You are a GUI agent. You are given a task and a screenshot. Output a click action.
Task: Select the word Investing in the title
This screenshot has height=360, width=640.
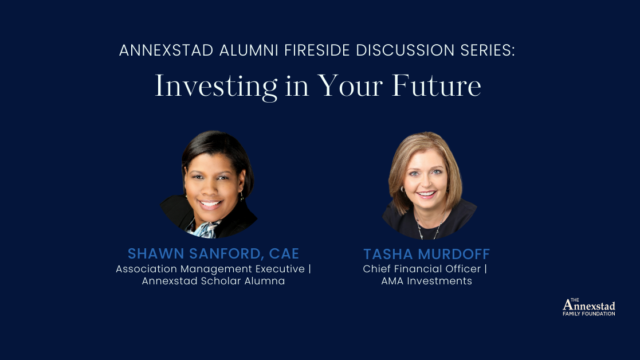tap(207, 87)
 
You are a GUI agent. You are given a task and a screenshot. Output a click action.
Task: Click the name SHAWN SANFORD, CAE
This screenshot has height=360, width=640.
tap(213, 253)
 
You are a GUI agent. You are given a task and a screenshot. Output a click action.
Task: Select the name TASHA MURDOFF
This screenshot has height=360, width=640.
tap(427, 254)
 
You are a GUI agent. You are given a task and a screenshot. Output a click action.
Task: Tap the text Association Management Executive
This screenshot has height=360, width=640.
tap(210, 269)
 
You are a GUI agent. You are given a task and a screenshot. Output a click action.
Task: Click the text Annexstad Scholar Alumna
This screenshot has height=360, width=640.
tap(213, 281)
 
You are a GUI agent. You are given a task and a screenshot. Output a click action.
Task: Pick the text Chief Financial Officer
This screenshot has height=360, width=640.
tap(422, 269)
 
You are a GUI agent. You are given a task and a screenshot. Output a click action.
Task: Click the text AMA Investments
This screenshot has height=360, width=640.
tap(427, 281)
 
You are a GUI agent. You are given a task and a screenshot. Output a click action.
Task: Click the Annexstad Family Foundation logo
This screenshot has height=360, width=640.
tap(588, 307)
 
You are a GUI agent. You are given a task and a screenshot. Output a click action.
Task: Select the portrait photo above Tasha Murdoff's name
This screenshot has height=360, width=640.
tap(427, 183)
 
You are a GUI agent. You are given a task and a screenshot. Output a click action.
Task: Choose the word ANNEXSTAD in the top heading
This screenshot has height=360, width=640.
tap(166, 50)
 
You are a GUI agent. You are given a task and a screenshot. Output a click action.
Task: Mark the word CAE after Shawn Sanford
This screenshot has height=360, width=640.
tap(285, 253)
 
